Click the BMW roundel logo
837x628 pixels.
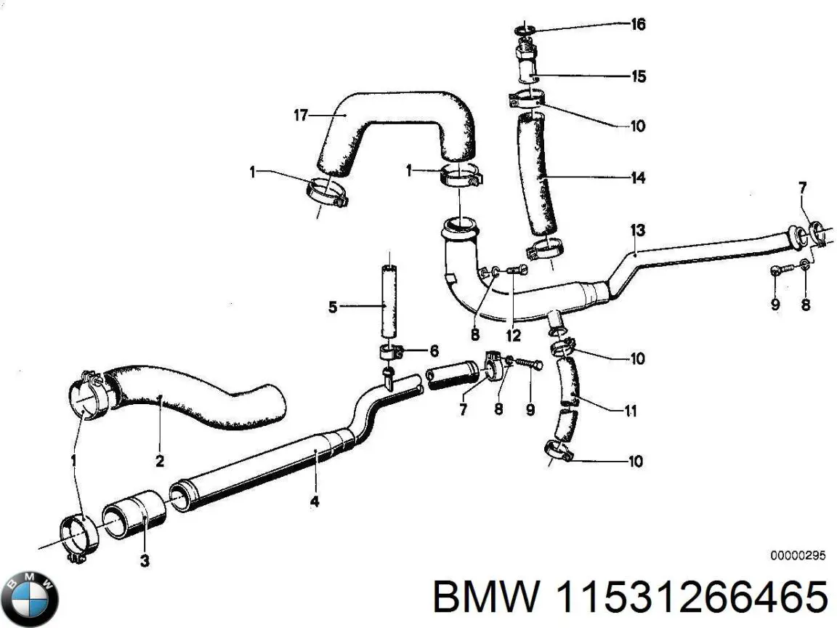(x=30, y=598)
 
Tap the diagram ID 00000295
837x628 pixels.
(x=798, y=556)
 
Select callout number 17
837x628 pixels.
(x=302, y=115)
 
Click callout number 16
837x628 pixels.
(x=637, y=25)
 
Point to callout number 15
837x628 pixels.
(x=638, y=76)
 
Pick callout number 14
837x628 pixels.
(x=638, y=177)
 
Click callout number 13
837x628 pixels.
(x=637, y=230)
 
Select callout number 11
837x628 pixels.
(x=631, y=411)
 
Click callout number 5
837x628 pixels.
(x=333, y=307)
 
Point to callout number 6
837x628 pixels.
(x=434, y=351)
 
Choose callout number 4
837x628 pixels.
(x=314, y=501)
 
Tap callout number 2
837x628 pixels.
(x=160, y=461)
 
